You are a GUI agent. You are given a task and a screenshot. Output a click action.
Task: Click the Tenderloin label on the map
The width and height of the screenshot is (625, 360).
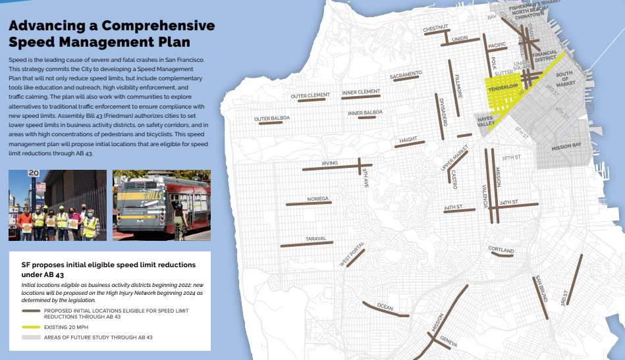(x=503, y=86)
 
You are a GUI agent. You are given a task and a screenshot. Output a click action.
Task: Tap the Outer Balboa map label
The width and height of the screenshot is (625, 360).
(x=271, y=119)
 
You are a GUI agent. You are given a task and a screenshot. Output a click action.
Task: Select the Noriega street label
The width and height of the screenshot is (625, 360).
(x=317, y=198)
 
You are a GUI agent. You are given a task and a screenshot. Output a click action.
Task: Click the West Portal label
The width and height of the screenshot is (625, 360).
(x=352, y=255)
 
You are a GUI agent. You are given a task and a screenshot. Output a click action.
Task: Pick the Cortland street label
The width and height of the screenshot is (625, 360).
(x=501, y=250)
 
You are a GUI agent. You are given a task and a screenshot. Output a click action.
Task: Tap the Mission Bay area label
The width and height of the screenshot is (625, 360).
(x=566, y=146)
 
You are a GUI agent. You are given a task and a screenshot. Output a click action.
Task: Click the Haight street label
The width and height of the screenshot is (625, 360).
(x=408, y=140)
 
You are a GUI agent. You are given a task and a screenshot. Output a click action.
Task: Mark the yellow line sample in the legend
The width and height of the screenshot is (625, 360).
(x=31, y=326)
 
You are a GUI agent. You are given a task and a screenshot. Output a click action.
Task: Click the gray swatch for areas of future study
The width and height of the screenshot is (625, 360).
(x=31, y=337)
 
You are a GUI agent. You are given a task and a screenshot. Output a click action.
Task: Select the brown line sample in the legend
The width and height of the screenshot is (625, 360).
(x=31, y=311)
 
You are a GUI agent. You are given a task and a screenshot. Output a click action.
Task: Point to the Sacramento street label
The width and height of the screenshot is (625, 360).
(x=406, y=75)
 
